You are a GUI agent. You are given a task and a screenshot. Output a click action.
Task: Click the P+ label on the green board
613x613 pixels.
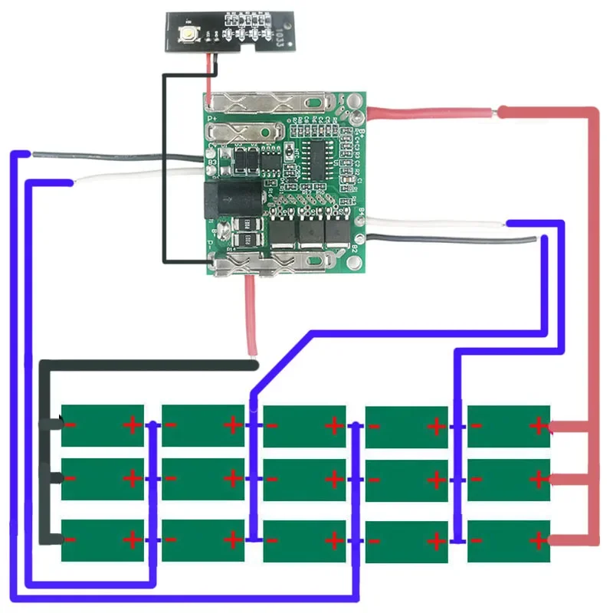tap(212, 119)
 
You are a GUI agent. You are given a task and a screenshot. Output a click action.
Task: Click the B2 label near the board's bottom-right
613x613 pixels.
tap(354, 247)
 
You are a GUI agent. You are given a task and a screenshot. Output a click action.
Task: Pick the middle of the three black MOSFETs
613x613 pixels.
tap(310, 232)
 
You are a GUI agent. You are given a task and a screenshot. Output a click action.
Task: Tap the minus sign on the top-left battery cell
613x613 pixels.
tap(71, 424)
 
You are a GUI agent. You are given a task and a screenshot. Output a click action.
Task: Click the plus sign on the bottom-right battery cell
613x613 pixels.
tap(538, 541)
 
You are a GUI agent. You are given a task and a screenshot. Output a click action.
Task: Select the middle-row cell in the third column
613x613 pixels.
tap(304, 480)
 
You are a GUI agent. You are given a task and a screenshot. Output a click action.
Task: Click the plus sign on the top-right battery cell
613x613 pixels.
tap(538, 424)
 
